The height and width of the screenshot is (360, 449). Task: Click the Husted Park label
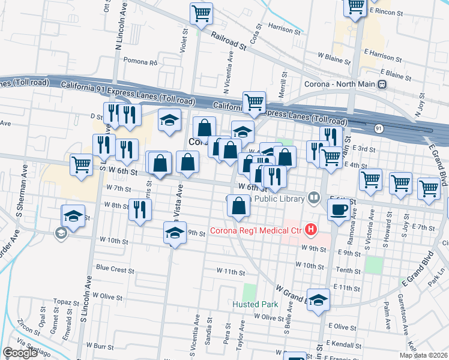tap(253, 304)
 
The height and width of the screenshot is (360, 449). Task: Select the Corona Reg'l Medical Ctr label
tap(257, 230)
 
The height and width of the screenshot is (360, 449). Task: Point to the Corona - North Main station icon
tap(381, 85)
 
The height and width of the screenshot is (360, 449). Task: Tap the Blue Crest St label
tap(115, 270)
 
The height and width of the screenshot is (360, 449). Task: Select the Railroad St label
tap(229, 41)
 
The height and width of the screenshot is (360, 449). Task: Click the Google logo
tap(20, 353)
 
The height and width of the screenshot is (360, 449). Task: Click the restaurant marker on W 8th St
tap(140, 209)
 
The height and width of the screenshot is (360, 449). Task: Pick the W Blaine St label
tap(334, 56)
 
